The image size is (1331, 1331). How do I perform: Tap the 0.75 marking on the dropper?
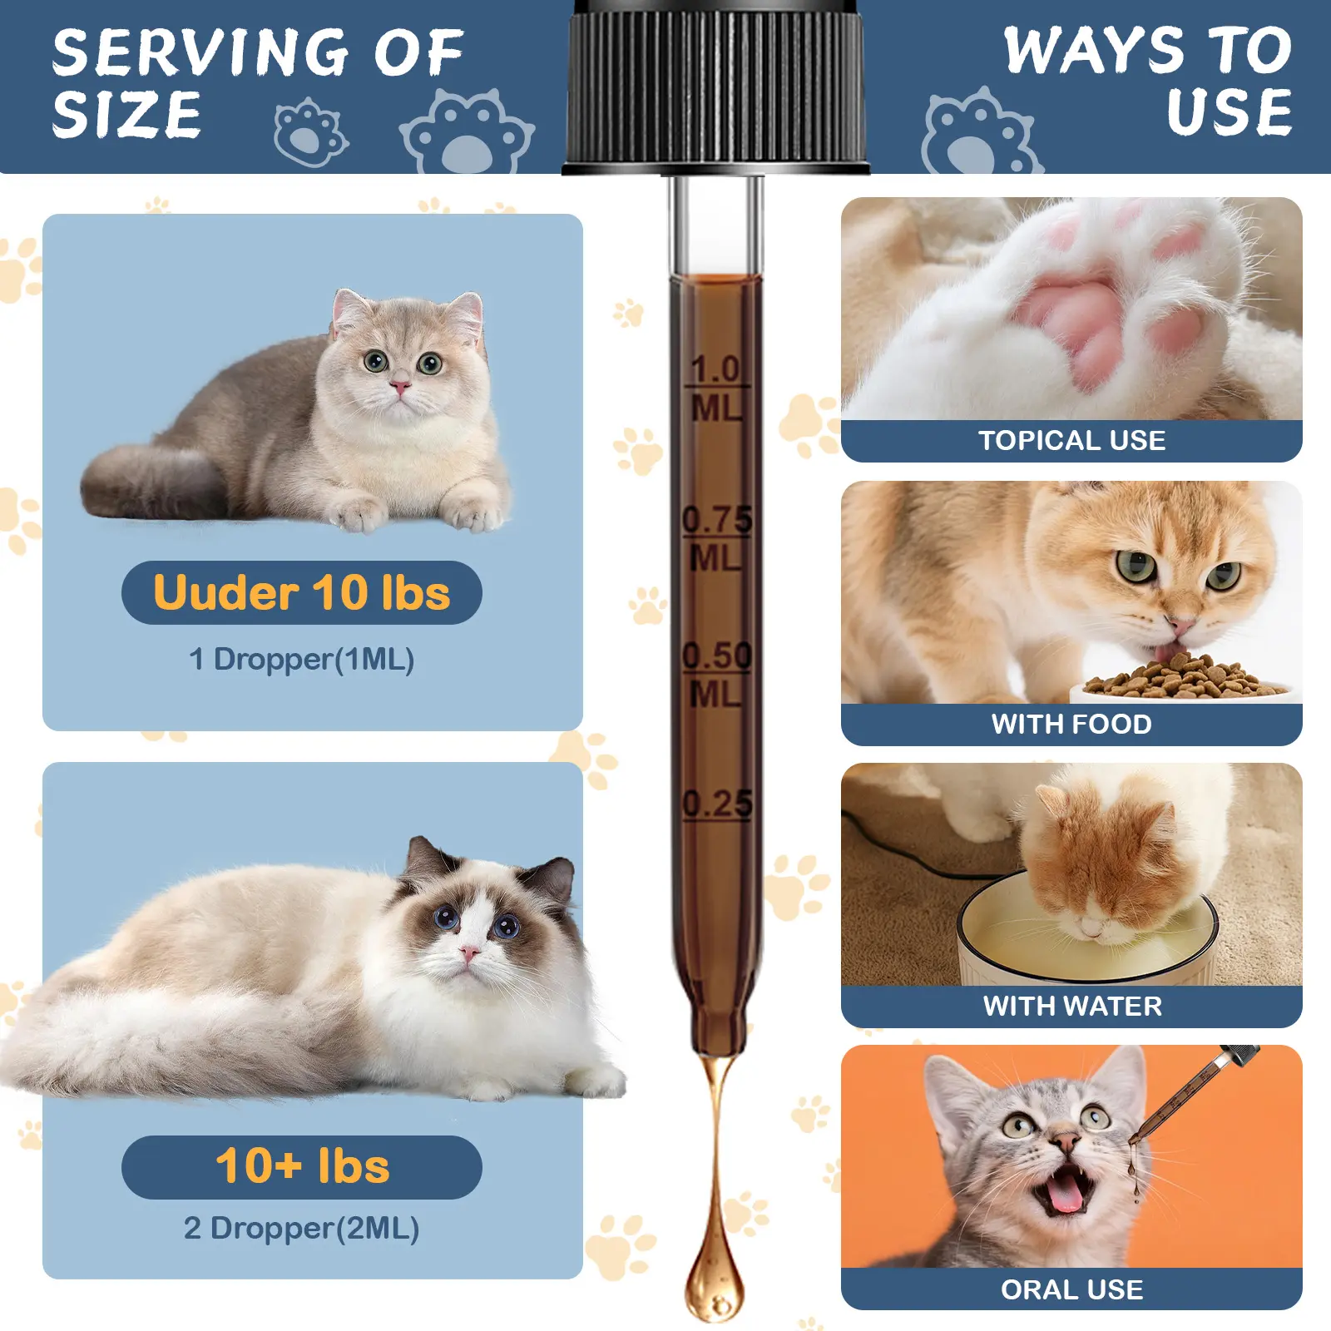717,520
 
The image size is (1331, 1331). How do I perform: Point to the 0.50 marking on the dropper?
717,656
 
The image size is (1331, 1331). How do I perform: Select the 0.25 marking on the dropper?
717,804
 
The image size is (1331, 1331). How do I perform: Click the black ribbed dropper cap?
715,87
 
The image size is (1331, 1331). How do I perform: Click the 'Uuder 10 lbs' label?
301,592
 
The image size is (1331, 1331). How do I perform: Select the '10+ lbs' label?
302,1166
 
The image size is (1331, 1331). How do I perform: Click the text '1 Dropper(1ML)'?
301,660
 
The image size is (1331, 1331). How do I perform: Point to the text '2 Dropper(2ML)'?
301,1229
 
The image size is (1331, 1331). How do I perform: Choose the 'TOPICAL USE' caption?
1071,440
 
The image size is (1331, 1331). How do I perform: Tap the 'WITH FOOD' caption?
1071,724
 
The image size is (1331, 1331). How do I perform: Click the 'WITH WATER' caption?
1072,1006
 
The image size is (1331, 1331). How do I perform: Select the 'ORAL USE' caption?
1071,1289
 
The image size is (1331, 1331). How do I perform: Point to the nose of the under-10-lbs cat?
400,387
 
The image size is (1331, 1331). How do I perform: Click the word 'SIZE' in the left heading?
126,114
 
